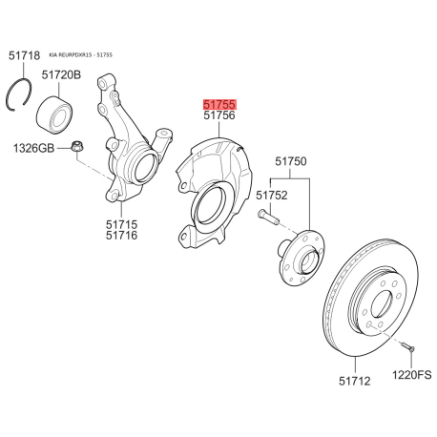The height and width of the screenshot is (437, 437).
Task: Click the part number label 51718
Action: [x=24, y=55]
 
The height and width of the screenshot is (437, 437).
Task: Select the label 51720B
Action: [x=61, y=75]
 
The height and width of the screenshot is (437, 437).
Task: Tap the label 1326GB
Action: [x=33, y=148]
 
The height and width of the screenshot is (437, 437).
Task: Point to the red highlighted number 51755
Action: [x=219, y=104]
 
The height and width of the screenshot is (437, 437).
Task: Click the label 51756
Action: [x=219, y=115]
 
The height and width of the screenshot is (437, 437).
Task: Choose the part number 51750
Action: [x=291, y=161]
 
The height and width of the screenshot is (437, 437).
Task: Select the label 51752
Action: [x=272, y=195]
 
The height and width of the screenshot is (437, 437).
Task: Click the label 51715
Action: [x=122, y=224]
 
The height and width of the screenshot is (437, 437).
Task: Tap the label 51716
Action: [x=122, y=236]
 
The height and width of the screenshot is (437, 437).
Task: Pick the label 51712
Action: [x=355, y=381]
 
